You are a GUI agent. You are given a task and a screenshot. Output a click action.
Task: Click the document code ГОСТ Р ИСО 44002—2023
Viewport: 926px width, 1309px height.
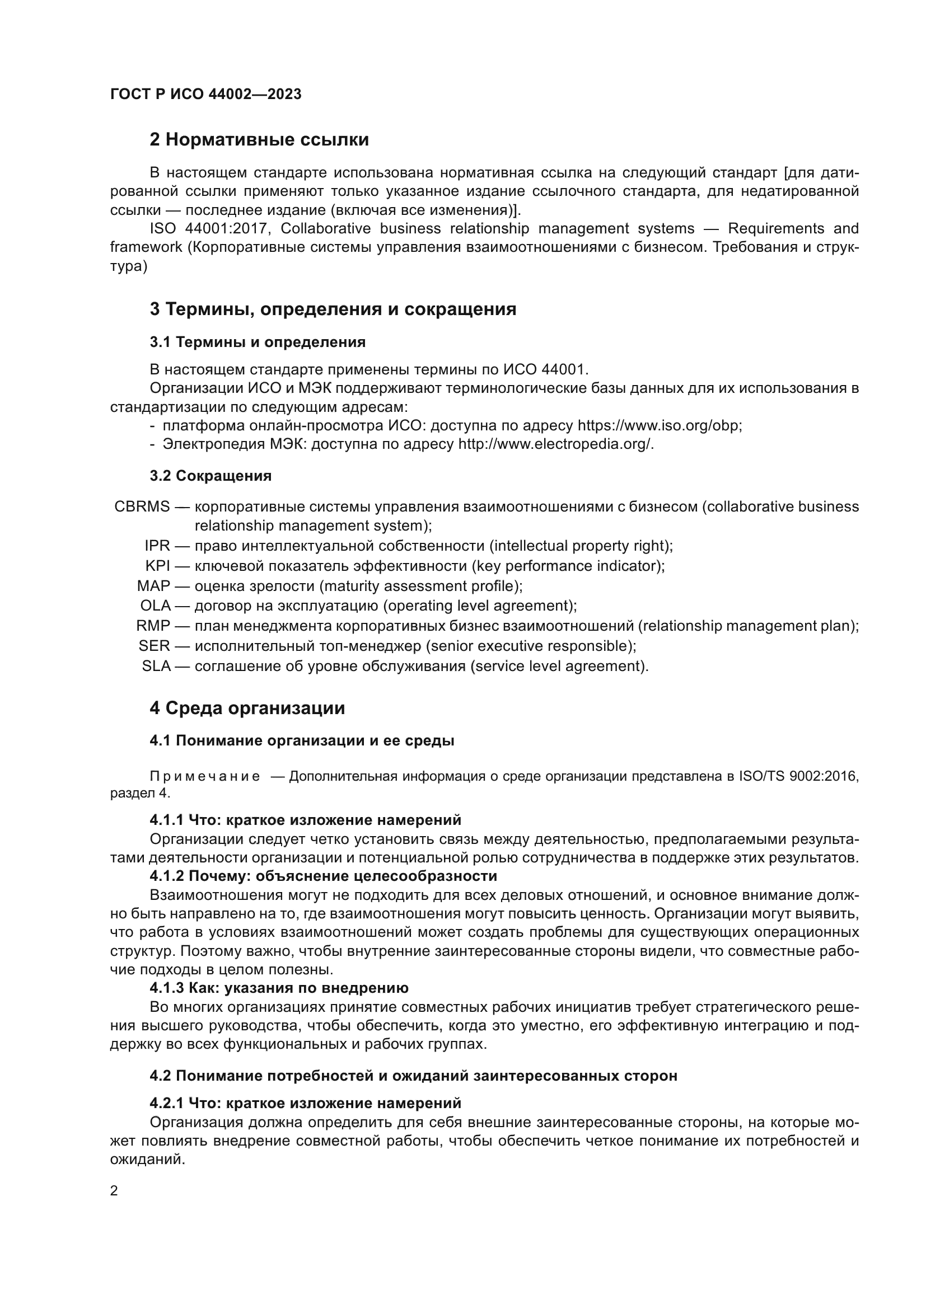[206, 95]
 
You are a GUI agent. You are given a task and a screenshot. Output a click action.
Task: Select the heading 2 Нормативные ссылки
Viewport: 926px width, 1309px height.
[259, 140]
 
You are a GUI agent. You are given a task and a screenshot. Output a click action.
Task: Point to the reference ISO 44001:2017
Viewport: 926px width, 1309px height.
[211, 229]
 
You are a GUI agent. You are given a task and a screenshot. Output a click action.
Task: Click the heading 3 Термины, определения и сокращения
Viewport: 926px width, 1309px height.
[333, 309]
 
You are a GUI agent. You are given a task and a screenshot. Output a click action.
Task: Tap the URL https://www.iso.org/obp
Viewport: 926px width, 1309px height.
[659, 426]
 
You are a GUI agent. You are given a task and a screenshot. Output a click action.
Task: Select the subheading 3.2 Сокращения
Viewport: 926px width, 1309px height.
[211, 476]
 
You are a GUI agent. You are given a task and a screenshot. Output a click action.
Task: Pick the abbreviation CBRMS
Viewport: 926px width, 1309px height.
[142, 507]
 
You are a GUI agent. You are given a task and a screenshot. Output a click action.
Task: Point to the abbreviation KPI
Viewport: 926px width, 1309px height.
[157, 566]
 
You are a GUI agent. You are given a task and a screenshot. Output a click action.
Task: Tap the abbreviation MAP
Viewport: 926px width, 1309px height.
[153, 586]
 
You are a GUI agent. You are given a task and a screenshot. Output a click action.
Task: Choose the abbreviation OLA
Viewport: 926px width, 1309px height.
[155, 606]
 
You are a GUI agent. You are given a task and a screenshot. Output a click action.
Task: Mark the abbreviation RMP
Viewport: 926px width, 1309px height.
[153, 626]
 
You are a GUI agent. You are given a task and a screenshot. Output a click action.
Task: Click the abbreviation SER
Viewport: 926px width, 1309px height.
[154, 646]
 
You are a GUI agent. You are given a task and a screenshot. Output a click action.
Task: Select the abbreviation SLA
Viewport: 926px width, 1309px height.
[156, 666]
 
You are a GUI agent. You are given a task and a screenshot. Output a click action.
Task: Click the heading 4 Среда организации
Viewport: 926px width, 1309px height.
[247, 708]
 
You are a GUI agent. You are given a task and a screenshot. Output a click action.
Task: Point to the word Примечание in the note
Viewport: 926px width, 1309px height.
[205, 777]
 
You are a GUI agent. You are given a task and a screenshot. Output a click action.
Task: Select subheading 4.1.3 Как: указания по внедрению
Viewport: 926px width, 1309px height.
[279, 988]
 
